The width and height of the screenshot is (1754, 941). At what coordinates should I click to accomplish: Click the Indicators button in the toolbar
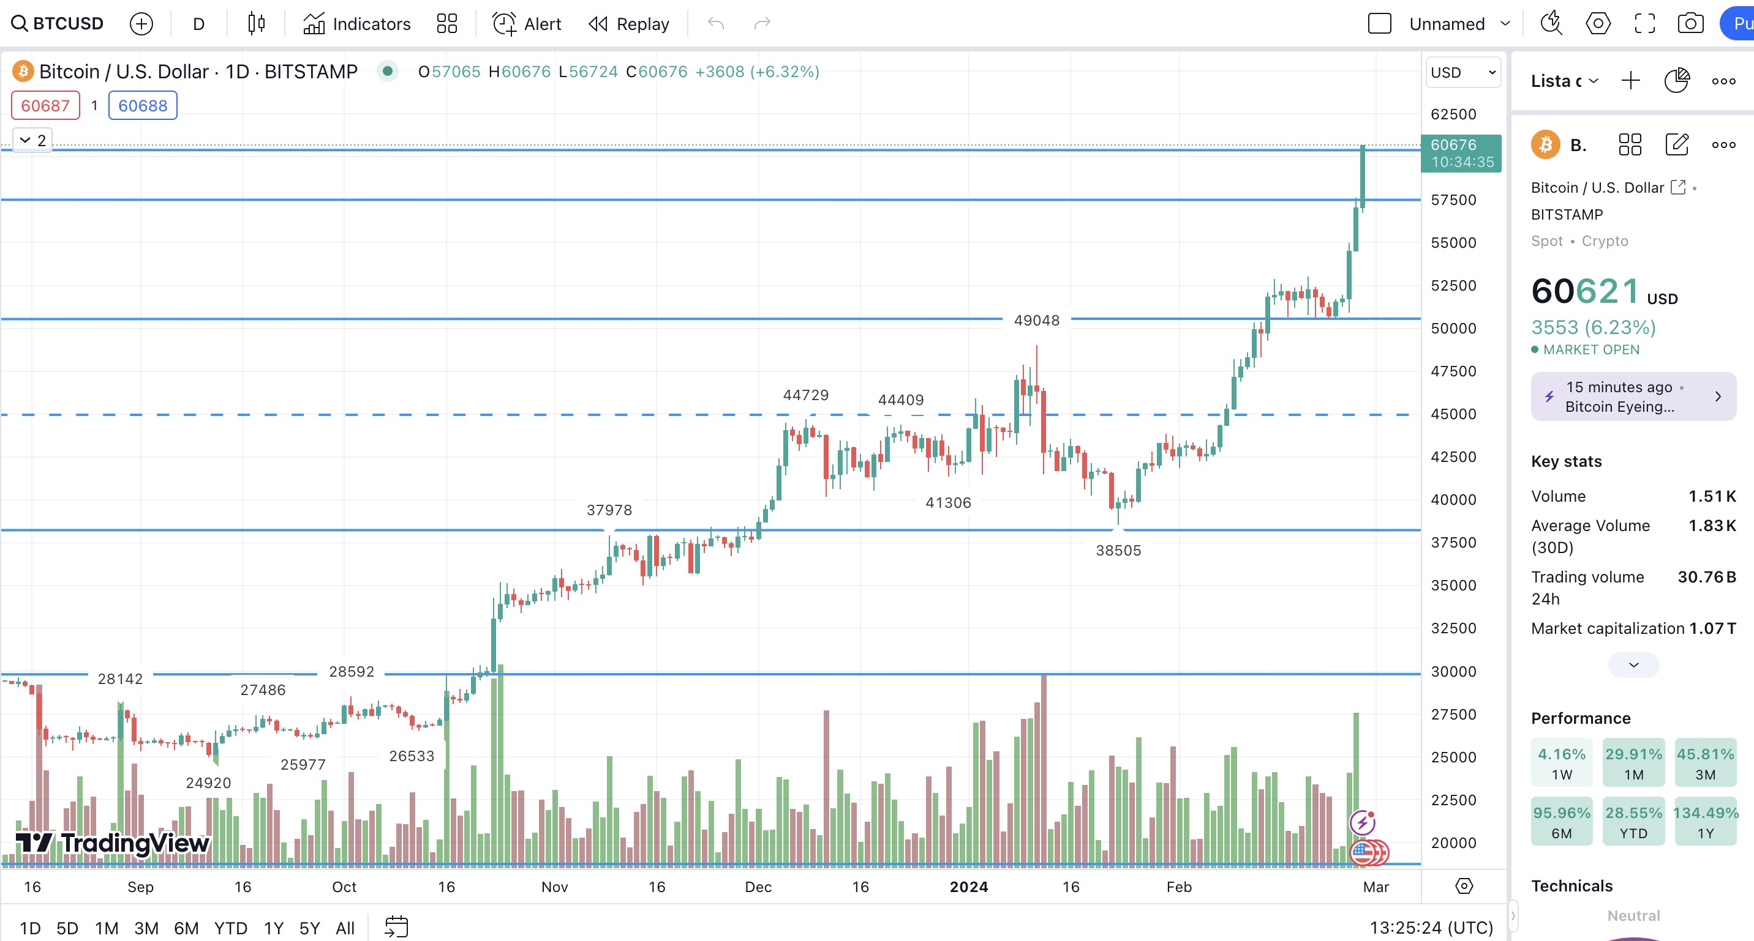point(357,24)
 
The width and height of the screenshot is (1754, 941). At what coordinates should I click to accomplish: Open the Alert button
point(526,24)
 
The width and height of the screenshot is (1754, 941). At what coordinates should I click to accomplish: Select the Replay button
point(628,24)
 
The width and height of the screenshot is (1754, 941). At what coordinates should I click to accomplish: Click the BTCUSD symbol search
point(58,24)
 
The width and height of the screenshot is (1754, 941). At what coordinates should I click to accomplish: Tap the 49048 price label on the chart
point(1036,321)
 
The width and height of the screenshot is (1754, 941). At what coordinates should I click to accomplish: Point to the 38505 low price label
point(1118,551)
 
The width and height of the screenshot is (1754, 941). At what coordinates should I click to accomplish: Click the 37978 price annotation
point(609,510)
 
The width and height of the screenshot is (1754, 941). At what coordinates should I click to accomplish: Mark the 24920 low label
point(208,783)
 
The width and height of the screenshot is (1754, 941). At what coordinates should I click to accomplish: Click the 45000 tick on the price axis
point(1453,414)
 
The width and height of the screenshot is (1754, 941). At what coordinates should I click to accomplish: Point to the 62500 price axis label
point(1453,114)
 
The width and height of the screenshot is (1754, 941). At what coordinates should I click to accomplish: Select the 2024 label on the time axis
point(968,887)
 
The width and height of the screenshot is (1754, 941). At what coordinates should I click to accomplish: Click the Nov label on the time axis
point(554,887)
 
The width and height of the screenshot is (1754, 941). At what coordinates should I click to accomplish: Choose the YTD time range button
point(230,928)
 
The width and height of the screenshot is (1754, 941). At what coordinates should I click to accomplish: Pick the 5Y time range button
point(309,928)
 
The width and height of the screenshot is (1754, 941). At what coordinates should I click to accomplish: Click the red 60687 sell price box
point(45,105)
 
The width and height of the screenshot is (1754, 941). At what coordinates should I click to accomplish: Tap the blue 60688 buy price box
point(143,105)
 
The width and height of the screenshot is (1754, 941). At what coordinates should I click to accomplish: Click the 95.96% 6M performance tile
point(1561,821)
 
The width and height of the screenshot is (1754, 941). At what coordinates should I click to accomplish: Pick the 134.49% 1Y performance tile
point(1705,821)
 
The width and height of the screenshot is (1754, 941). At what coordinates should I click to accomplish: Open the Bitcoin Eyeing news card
point(1633,396)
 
